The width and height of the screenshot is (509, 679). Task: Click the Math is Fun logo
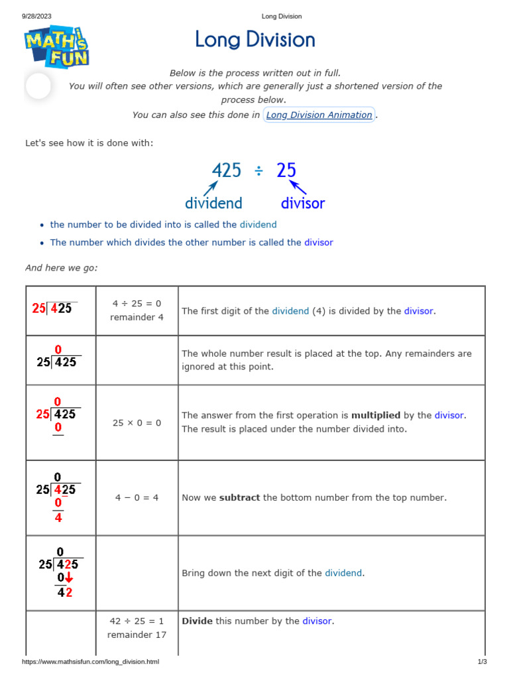(x=57, y=45)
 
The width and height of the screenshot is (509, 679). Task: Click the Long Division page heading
(x=255, y=40)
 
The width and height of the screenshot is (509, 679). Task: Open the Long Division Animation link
(x=319, y=115)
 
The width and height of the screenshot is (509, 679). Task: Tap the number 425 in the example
(x=227, y=171)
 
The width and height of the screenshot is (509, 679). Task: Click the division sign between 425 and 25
(x=258, y=171)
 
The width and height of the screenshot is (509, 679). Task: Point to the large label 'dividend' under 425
(x=213, y=203)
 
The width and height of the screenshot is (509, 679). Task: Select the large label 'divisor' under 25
(x=303, y=203)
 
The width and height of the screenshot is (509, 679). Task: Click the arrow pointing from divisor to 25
(x=298, y=188)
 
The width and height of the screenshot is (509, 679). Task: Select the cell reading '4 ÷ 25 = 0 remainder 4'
(x=137, y=310)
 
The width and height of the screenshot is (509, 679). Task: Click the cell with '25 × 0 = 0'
(x=137, y=422)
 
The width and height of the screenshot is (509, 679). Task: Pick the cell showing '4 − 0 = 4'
(x=137, y=497)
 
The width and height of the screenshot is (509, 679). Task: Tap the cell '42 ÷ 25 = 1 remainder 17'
(x=137, y=628)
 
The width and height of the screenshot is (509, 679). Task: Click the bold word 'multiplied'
(x=376, y=415)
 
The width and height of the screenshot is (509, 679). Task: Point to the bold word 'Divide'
(x=197, y=621)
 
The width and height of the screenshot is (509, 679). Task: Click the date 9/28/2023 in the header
(x=37, y=17)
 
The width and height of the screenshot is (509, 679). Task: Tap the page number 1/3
(x=482, y=662)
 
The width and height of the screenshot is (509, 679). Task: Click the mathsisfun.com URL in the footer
(x=91, y=662)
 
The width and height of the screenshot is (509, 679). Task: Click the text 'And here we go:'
(x=61, y=268)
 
